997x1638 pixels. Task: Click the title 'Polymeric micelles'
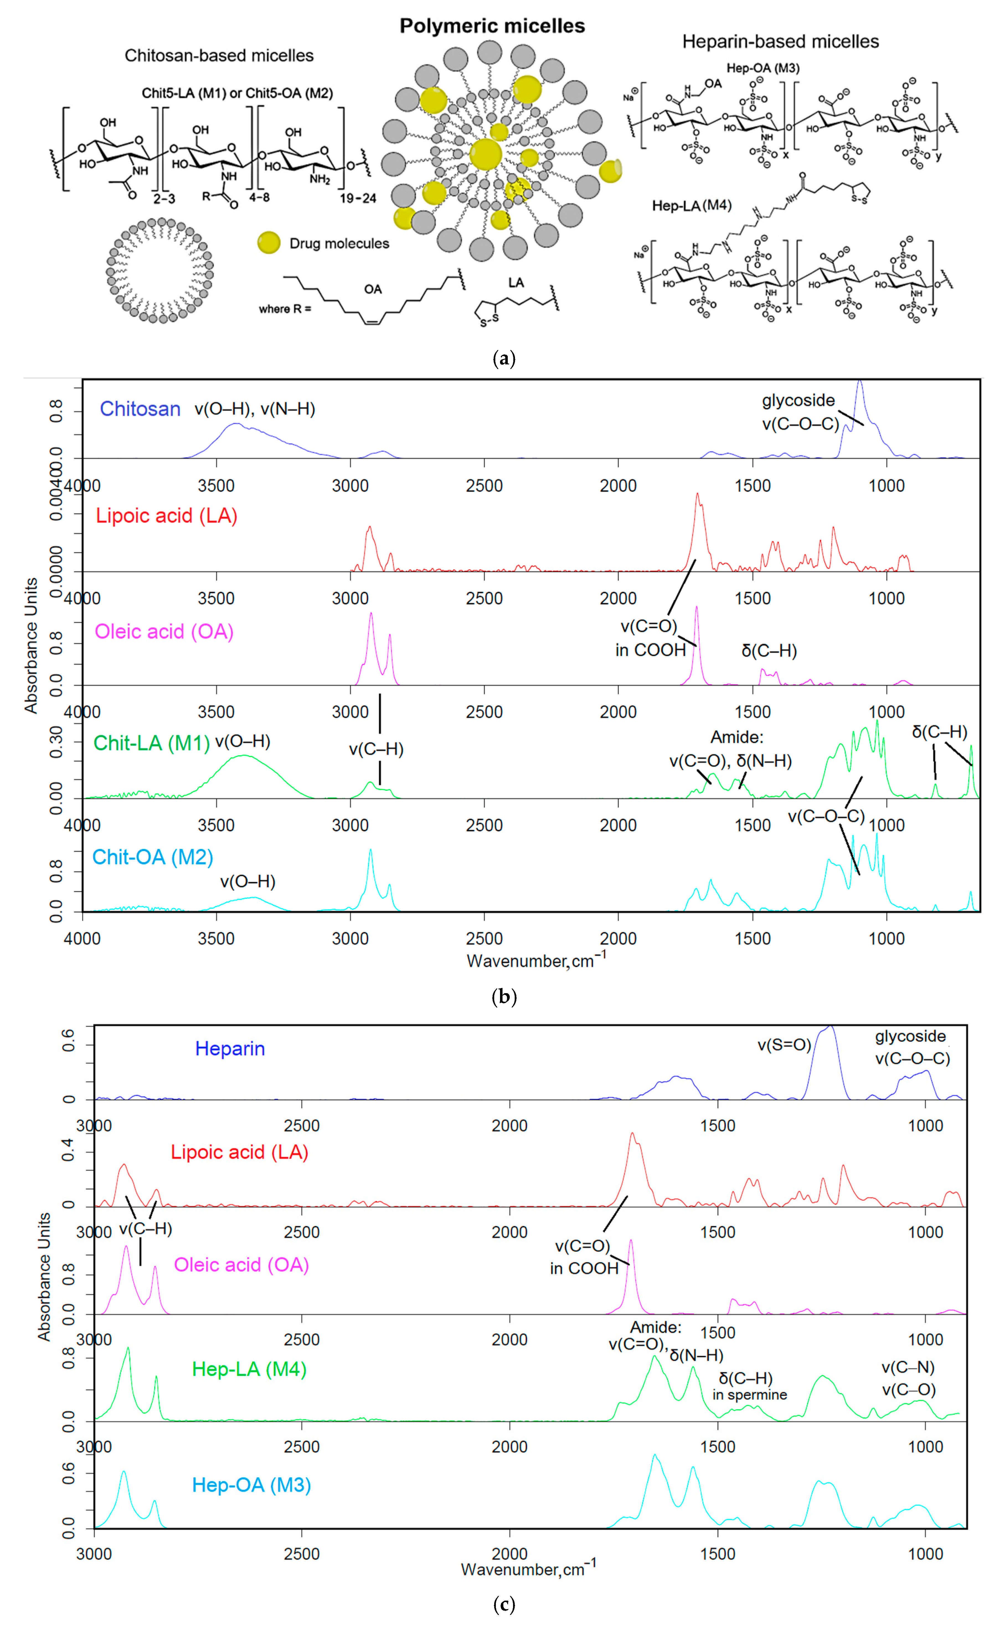coord(492,26)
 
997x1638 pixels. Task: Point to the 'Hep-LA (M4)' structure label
coord(691,205)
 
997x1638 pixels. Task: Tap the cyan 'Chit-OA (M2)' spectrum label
coord(152,857)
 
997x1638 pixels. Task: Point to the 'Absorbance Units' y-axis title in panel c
coord(44,1276)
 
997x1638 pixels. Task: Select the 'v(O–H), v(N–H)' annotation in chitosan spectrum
coord(254,409)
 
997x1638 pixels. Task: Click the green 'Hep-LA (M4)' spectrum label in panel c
coord(249,1369)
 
